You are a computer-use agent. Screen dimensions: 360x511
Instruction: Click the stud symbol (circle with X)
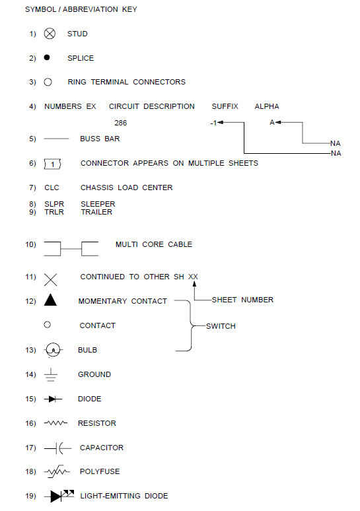tap(50, 34)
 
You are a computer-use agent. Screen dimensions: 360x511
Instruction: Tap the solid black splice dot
tap(47, 57)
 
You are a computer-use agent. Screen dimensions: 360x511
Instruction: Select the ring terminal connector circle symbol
tap(48, 82)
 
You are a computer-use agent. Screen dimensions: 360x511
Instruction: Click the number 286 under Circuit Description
tap(121, 123)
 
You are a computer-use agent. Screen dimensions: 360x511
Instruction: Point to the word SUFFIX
tap(225, 106)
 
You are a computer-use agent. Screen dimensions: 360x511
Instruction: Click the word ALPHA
tap(267, 106)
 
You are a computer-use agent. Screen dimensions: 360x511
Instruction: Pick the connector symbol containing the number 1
tap(52, 164)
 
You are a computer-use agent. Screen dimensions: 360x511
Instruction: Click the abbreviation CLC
tap(52, 187)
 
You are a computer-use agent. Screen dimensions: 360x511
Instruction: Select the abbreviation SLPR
tap(54, 204)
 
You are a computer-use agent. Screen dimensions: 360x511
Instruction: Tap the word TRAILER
tap(96, 212)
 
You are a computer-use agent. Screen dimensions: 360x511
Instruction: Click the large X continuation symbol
tap(50, 280)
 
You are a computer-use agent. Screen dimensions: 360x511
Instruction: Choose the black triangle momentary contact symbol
tap(50, 300)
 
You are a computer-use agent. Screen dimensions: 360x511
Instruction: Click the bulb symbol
tap(53, 350)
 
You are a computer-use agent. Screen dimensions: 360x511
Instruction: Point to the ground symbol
tap(51, 375)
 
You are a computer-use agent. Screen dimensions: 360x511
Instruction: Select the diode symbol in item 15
tap(53, 399)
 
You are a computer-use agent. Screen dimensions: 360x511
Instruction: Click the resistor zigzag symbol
tap(55, 423)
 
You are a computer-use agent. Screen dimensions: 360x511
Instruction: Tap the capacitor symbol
tap(57, 448)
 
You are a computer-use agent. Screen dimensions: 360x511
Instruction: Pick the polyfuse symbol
tap(57, 471)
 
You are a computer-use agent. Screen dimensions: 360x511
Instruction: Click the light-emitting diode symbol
tap(59, 496)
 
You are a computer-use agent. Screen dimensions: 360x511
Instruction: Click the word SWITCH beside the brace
tap(221, 326)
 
